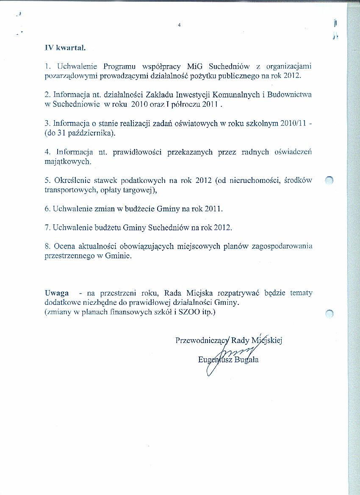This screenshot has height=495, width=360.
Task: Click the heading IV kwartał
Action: pos(65,48)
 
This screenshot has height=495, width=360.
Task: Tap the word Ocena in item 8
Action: pos(64,246)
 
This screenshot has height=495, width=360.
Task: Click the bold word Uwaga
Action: pos(56,293)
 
